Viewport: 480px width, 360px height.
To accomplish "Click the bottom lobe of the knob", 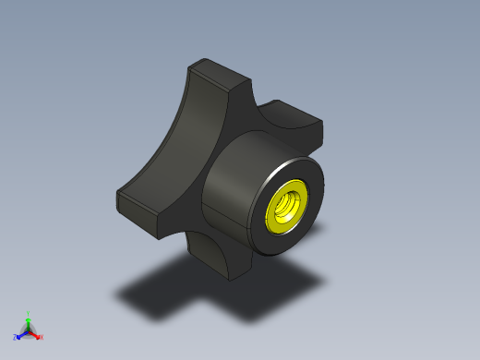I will click(x=217, y=258).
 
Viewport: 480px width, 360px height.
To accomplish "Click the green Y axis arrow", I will click(x=28, y=320).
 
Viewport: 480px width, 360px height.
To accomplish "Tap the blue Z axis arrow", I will click(x=20, y=334).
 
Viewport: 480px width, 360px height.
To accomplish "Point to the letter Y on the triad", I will click(x=29, y=313).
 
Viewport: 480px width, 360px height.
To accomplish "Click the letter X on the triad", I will click(x=42, y=337).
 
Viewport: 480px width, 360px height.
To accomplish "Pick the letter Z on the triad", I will click(x=15, y=338).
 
